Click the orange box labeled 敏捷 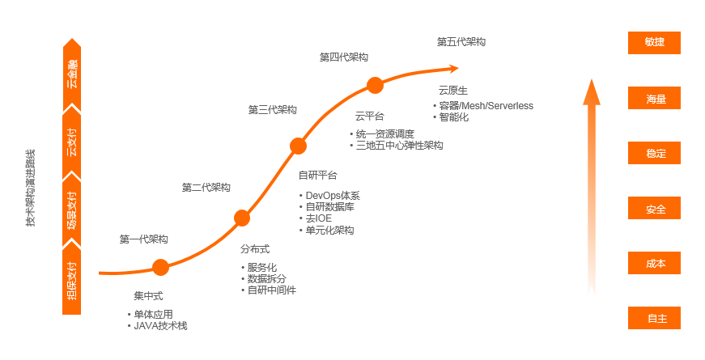pos(654,43)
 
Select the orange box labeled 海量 pos(654,99)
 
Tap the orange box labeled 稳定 pos(654,154)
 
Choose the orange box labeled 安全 pos(654,209)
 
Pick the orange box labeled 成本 pos(654,264)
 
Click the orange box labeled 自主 pos(654,318)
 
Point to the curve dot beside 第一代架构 pos(160,267)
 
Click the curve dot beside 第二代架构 pos(241,218)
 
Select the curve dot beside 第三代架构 pos(298,146)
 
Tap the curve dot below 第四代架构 pos(375,85)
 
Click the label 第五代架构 pos(461,41)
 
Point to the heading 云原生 pos(453,91)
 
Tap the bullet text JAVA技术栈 pos(166,326)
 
